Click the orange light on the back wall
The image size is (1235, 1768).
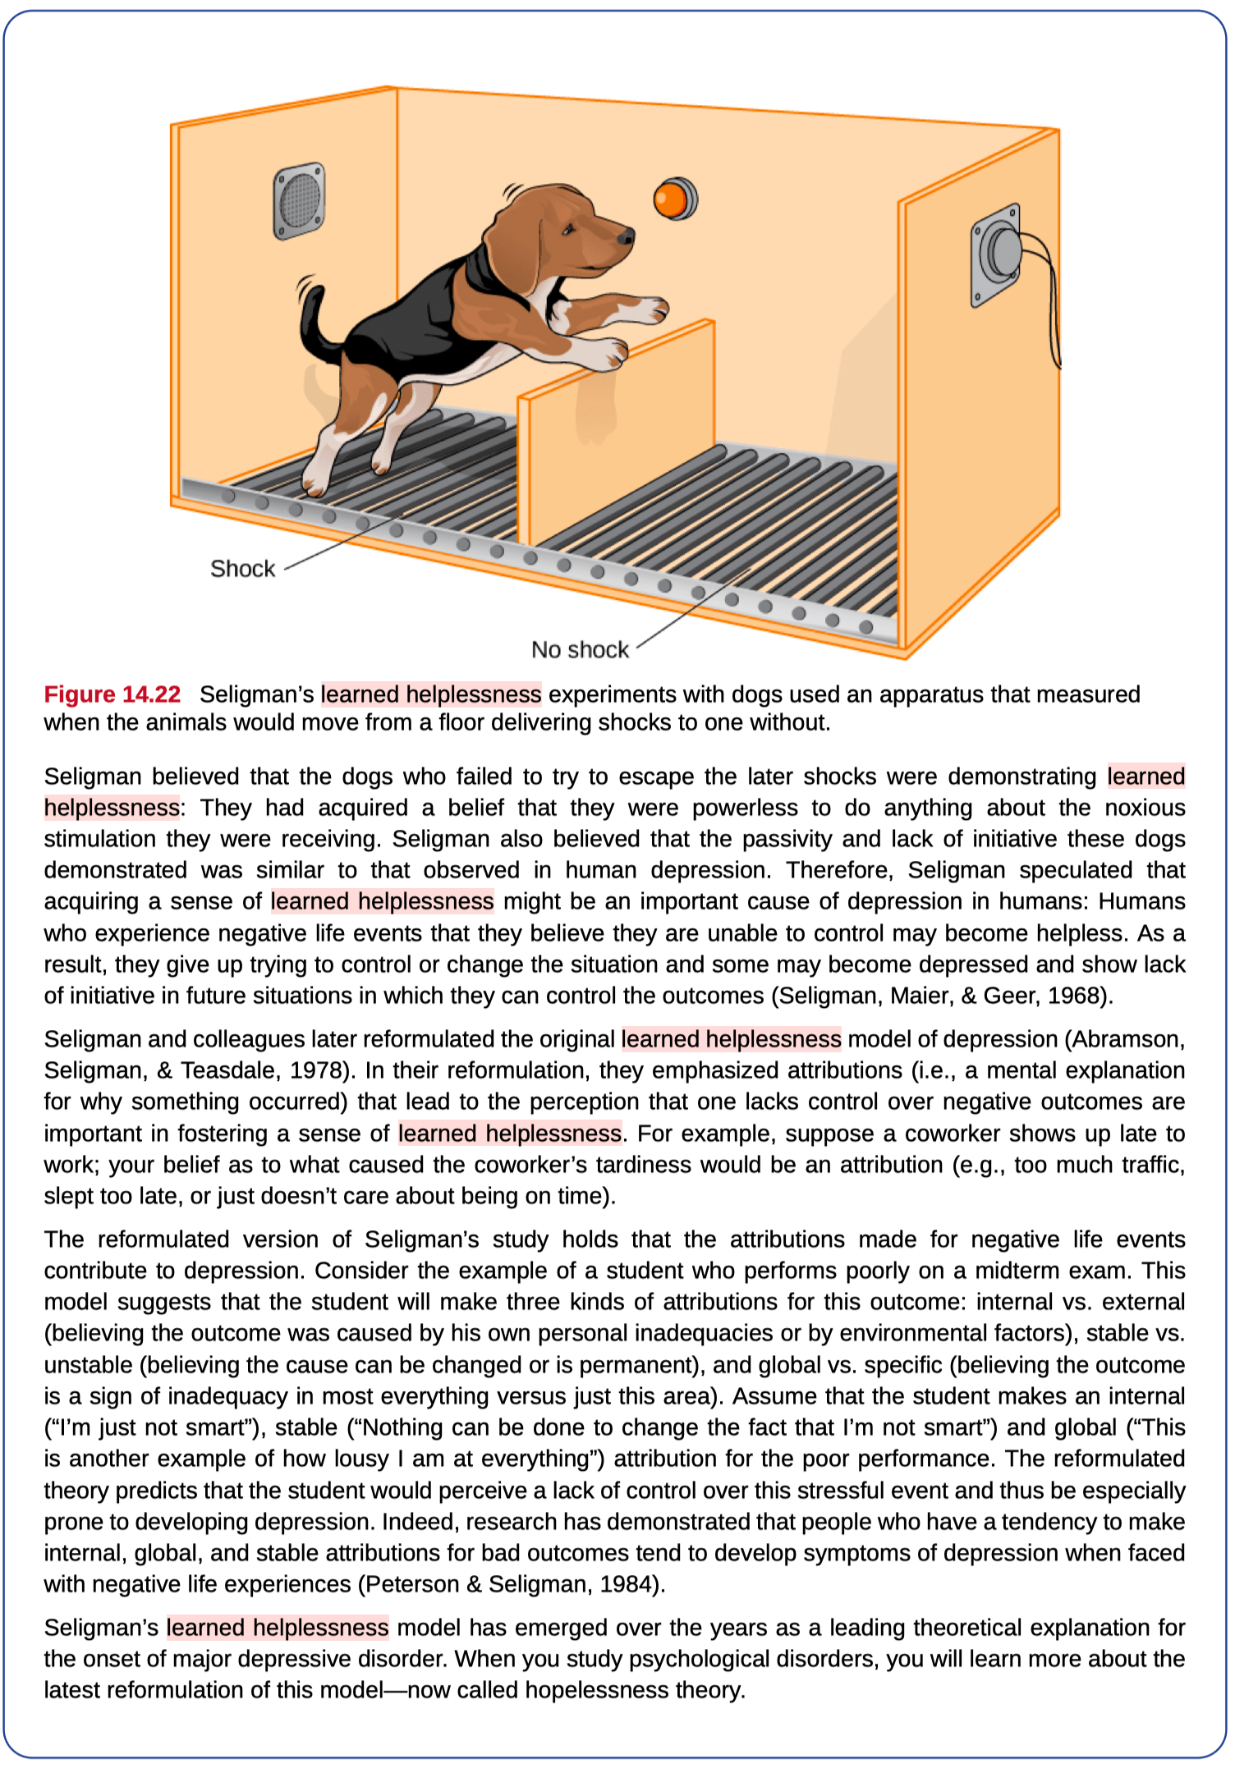point(673,199)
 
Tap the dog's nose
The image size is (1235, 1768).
point(627,237)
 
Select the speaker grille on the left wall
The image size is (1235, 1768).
point(299,200)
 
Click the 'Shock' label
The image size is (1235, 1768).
point(242,569)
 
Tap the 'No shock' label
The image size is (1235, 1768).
point(580,650)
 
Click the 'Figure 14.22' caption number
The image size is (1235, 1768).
point(112,694)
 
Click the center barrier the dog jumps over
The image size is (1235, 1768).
point(616,427)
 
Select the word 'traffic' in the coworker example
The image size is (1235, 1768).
point(1141,1165)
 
